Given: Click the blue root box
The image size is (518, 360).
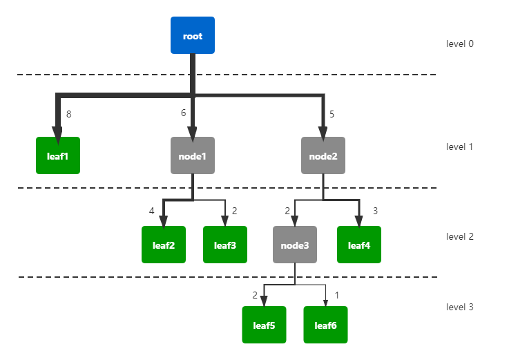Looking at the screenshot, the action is click(193, 35).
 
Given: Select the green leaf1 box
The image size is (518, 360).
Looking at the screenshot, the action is click(58, 155).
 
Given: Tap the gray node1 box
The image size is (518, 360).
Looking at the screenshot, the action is click(193, 155).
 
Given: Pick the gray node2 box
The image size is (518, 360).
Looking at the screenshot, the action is click(323, 155).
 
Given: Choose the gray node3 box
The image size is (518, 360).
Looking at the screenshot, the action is click(295, 245).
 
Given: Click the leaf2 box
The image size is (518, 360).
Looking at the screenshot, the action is click(164, 245).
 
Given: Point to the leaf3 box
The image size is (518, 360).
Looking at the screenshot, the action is click(225, 245).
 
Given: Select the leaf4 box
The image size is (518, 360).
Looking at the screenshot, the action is click(359, 245).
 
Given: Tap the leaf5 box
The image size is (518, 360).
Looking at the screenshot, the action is click(264, 325).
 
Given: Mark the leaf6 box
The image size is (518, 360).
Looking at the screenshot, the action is click(325, 325).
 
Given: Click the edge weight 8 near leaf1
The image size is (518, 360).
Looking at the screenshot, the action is click(68, 114).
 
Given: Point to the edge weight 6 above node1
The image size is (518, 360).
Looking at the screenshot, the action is click(183, 113).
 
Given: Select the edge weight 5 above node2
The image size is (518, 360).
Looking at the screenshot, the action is click(332, 114).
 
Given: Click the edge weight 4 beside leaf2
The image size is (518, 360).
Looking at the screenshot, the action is click(152, 211).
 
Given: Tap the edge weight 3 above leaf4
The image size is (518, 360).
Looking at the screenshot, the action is click(375, 211).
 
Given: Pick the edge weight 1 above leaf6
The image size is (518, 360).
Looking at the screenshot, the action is click(336, 295).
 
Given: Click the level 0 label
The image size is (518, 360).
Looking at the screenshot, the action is click(459, 44).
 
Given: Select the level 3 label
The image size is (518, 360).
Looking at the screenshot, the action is click(459, 307).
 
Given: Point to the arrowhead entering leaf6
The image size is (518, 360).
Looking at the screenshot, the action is click(325, 303).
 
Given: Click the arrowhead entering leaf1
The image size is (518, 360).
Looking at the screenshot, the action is click(57, 135).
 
